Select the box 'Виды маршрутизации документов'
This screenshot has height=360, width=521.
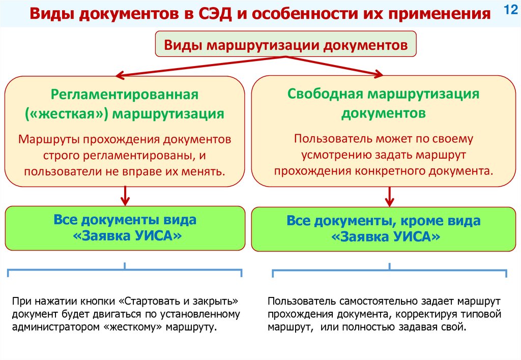285,45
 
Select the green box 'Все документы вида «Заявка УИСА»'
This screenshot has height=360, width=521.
125,228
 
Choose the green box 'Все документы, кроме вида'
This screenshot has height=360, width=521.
383,229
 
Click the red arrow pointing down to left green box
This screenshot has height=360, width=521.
125,195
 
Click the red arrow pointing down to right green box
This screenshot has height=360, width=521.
390,196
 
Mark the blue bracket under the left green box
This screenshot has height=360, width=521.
125,269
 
